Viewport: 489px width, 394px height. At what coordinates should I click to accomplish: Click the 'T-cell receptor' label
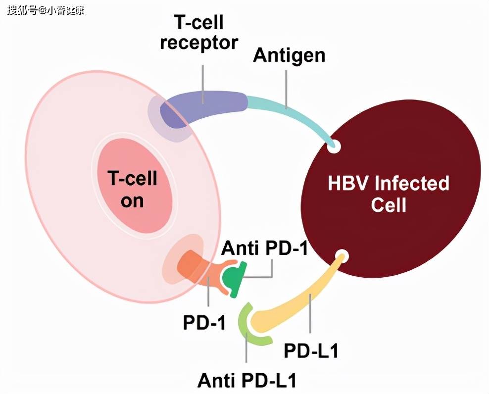point(199,32)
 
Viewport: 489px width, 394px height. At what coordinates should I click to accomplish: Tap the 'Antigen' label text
point(289,55)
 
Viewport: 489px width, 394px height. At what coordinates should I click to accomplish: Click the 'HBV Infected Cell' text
point(389,194)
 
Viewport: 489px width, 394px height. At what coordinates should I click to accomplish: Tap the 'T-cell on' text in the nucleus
point(133,189)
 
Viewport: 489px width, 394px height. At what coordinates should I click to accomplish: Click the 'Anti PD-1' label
point(264,247)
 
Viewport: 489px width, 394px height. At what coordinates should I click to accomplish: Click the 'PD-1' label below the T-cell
point(204,322)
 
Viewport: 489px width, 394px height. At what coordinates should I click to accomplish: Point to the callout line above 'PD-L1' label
point(310,314)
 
